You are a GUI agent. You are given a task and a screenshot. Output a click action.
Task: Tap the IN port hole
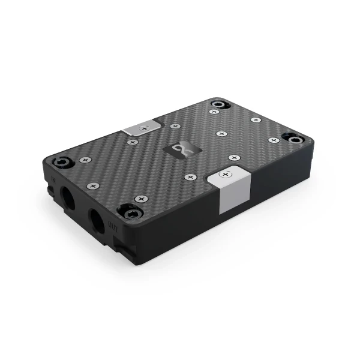point(68,197)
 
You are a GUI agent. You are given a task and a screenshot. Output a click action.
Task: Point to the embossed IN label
point(53,179)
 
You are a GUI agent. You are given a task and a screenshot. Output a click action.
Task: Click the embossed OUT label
point(113,226)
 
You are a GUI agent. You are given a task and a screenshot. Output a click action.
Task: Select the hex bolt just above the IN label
point(62,162)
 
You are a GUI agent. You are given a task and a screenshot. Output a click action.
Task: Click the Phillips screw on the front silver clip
point(225,175)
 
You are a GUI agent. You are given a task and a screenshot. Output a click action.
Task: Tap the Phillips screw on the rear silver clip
point(144,128)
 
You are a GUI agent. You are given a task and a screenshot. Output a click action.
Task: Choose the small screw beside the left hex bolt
point(85,160)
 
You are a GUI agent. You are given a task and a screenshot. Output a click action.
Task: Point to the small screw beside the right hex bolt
point(274,140)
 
